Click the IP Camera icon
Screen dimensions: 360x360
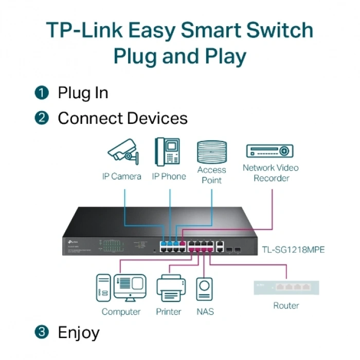(x=121, y=151)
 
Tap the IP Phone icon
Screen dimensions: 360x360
(x=168, y=151)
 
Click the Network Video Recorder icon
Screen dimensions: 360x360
(x=270, y=151)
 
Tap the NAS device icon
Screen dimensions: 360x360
(x=205, y=289)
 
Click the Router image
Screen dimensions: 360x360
(x=286, y=287)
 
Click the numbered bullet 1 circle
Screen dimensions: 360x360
(x=42, y=93)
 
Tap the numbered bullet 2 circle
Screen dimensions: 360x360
(x=42, y=118)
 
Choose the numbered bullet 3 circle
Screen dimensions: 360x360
(x=42, y=332)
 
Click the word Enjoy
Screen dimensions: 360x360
(x=79, y=332)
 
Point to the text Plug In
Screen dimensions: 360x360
(x=83, y=93)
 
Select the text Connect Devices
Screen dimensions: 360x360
(x=122, y=118)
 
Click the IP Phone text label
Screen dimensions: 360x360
(x=168, y=176)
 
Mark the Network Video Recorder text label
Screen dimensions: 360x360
(x=271, y=173)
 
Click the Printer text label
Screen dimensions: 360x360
(x=169, y=312)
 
